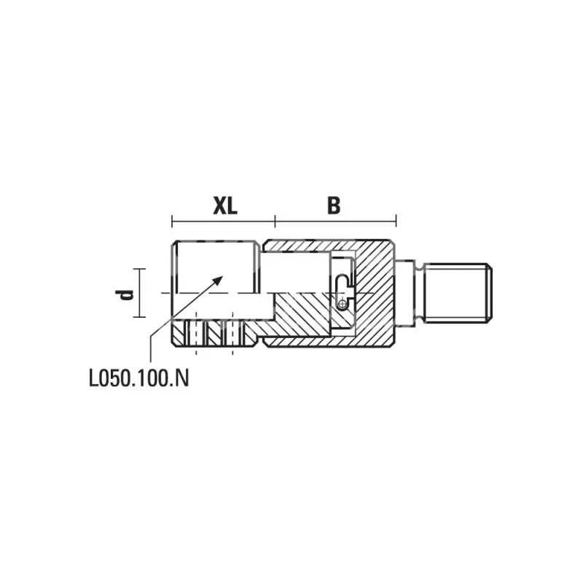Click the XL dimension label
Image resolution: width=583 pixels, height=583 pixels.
[225, 206]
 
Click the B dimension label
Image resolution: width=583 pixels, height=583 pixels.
[334, 206]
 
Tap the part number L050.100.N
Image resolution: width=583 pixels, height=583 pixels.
[139, 378]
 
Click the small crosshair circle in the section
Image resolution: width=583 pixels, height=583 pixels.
[343, 305]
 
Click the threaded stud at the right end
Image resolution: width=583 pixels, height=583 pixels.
[458, 293]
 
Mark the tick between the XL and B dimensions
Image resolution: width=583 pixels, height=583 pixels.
[275, 221]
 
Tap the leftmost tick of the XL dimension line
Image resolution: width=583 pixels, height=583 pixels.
[172, 221]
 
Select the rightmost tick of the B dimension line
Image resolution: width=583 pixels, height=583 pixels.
[396, 221]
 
